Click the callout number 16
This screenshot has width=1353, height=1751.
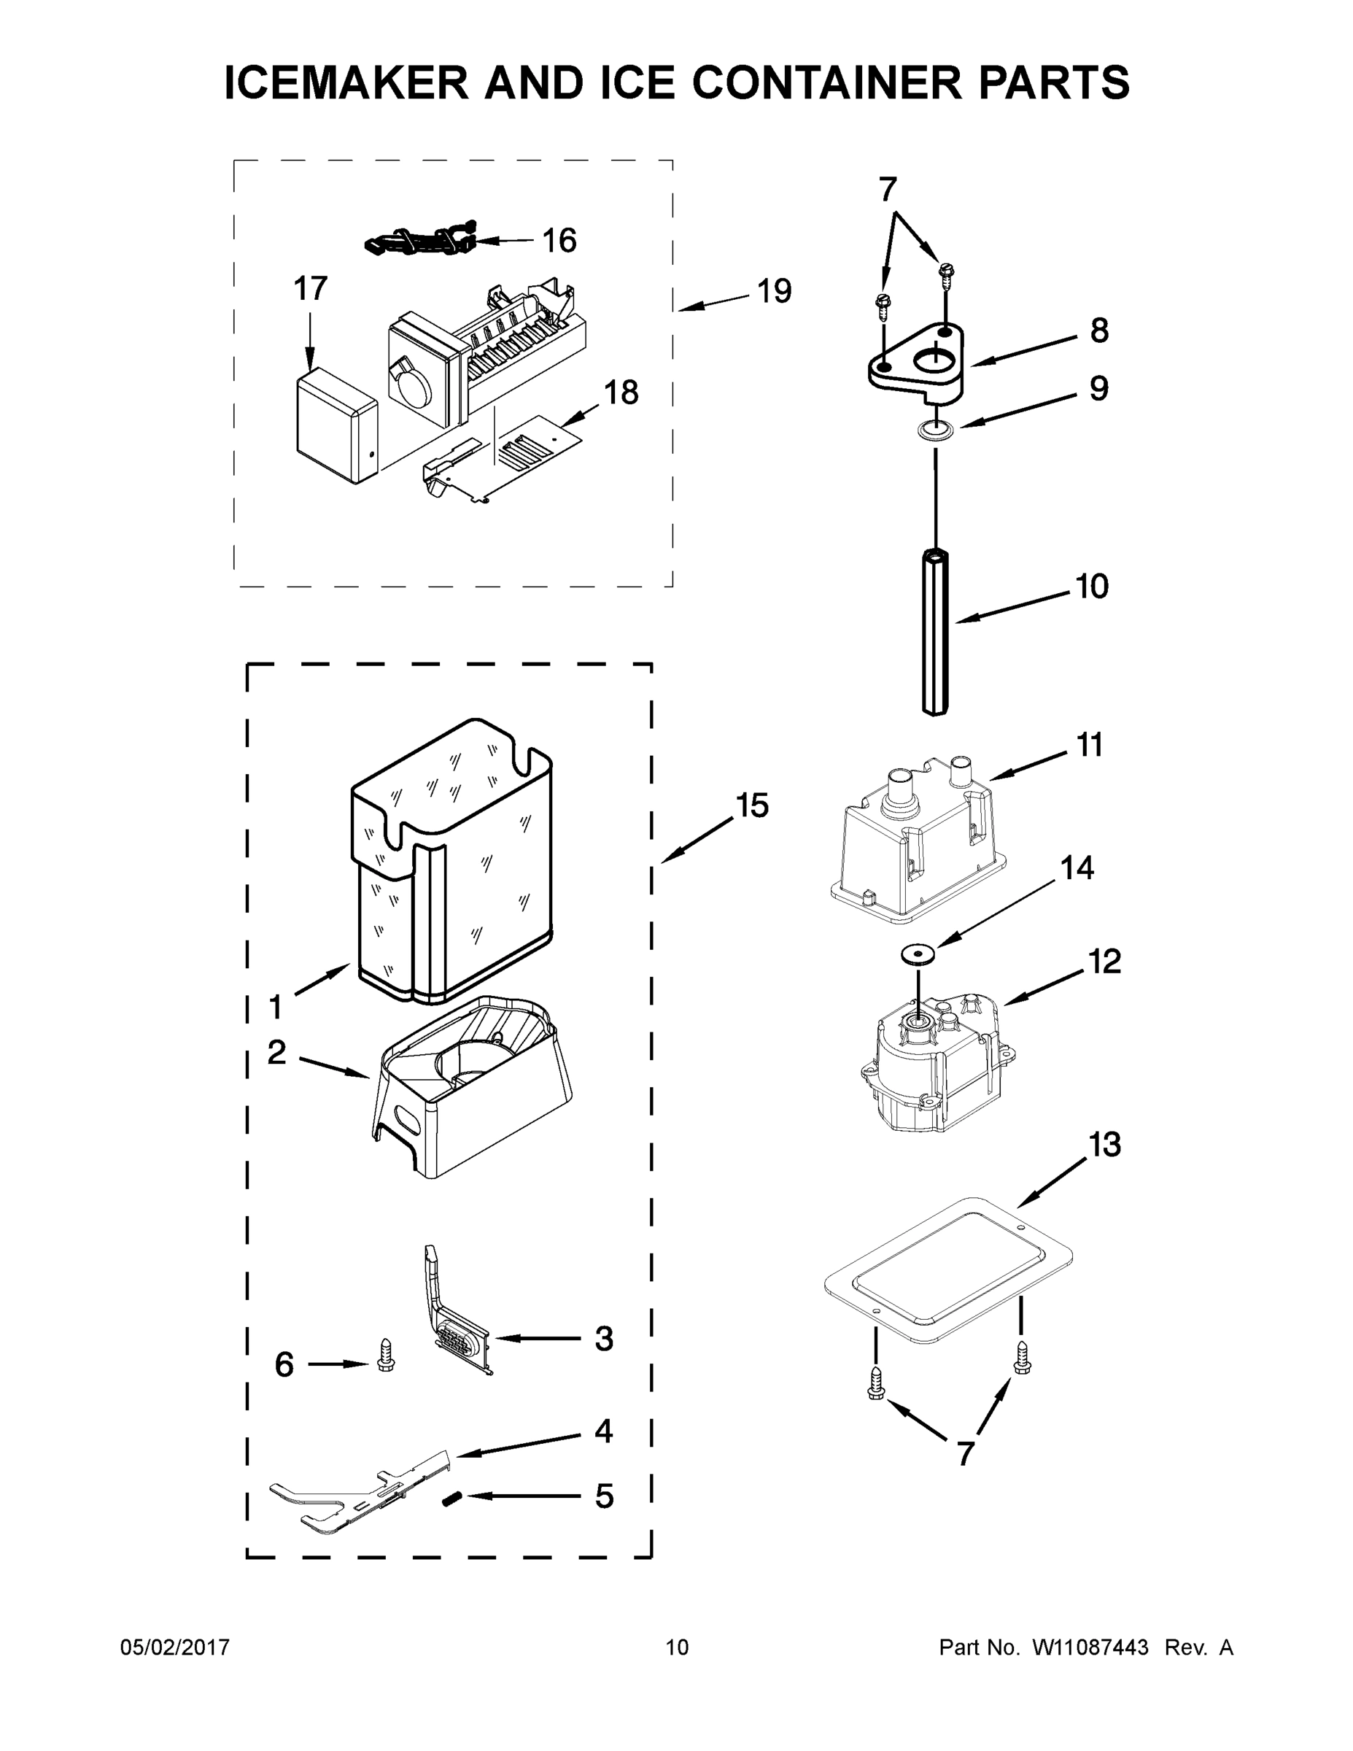tap(559, 241)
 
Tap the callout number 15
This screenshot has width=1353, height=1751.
tap(752, 805)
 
